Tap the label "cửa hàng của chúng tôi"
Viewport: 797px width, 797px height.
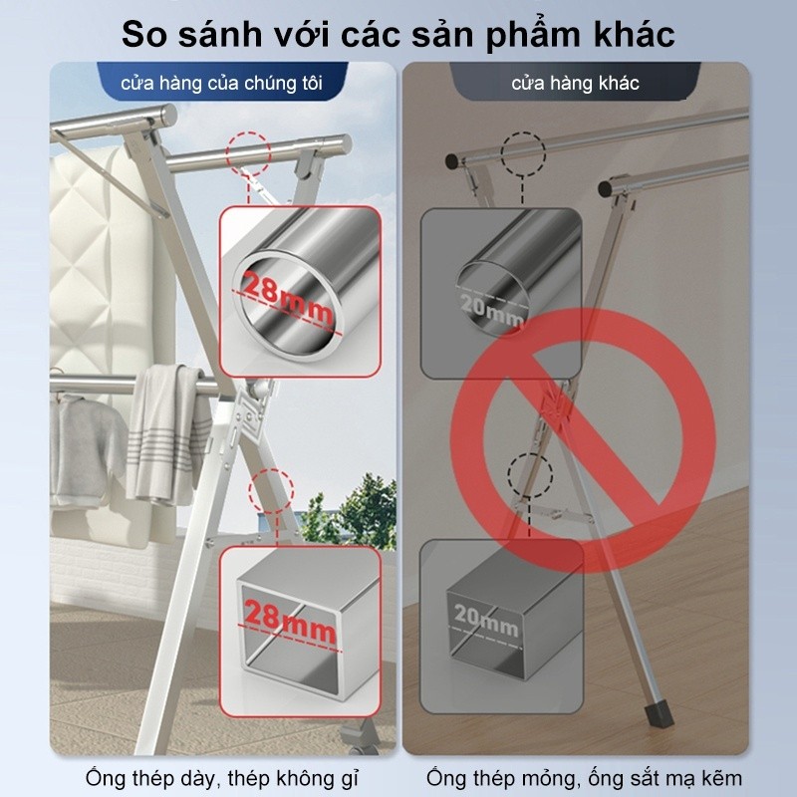tap(221, 84)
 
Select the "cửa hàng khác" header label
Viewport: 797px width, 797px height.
tap(575, 84)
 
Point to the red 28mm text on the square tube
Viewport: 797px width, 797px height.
tap(290, 622)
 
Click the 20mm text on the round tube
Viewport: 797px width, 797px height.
tap(491, 310)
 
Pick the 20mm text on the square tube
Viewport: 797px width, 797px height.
tap(486, 620)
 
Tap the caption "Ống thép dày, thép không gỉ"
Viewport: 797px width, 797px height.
tap(222, 778)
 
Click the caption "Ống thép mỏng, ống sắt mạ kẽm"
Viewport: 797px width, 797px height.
tap(584, 778)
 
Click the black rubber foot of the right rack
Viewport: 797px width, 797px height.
tap(660, 714)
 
